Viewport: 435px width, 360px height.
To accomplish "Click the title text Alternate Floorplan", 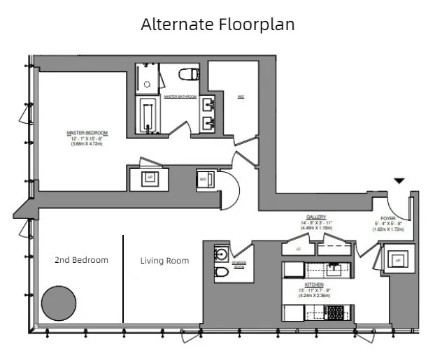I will point(217,24).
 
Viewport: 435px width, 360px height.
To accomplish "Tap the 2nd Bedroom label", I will point(81,260).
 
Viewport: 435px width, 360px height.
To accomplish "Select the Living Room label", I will point(164,261).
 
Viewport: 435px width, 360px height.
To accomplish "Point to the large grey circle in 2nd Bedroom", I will point(59,303).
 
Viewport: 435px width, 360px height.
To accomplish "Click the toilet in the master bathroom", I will point(188,75).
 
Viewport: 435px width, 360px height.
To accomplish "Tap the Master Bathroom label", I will point(180,96).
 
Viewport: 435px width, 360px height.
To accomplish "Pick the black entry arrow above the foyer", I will point(398,181).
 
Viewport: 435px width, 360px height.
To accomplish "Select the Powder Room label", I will point(240,265).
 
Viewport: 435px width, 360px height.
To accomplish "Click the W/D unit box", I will point(204,179).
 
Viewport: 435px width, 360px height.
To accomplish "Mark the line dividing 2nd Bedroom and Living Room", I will point(124,278).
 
